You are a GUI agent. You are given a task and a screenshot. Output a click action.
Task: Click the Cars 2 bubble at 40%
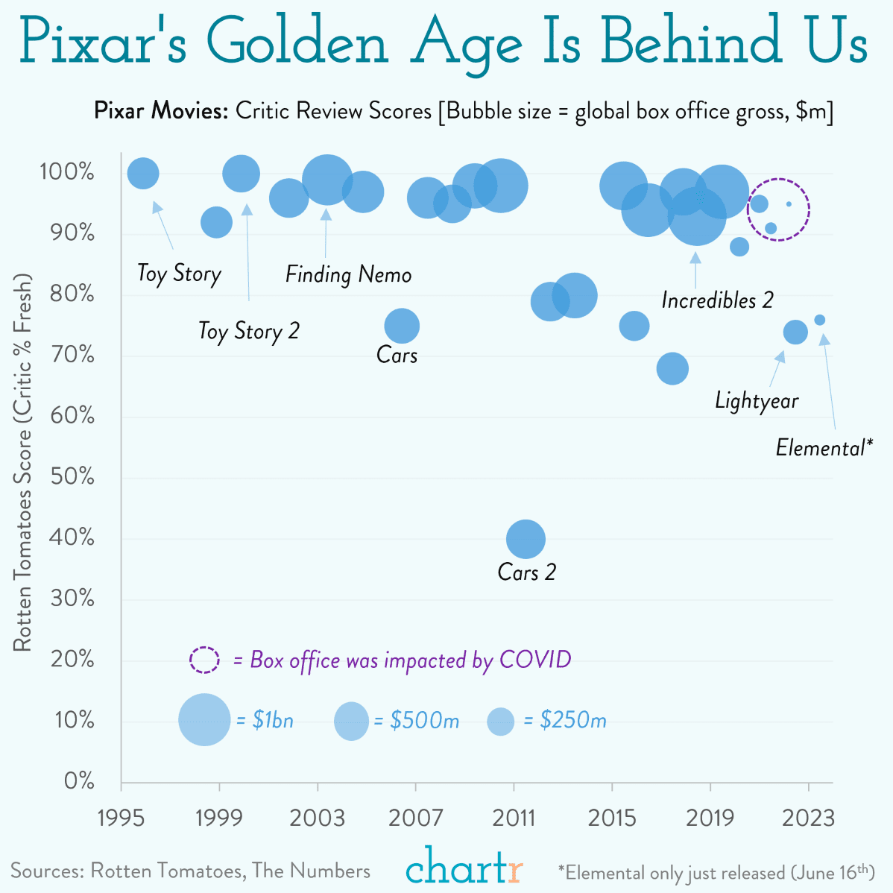(526, 539)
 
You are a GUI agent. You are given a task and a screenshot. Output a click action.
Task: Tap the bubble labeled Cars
(402, 326)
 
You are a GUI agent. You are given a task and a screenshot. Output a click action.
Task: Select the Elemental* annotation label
(823, 447)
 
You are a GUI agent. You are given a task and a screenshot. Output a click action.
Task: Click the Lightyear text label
(756, 401)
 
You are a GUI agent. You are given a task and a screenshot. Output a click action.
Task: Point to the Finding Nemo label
(348, 274)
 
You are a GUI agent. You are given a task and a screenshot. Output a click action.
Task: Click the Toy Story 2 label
(248, 330)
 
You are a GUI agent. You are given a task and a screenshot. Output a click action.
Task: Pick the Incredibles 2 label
(717, 300)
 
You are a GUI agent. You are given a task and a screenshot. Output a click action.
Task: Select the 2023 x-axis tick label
(808, 818)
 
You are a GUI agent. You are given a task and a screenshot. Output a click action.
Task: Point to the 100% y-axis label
(67, 172)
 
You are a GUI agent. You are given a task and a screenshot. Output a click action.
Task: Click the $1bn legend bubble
(204, 720)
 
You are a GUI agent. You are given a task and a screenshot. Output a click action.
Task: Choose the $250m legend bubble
(500, 721)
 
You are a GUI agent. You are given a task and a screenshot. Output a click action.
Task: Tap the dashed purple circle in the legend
(204, 660)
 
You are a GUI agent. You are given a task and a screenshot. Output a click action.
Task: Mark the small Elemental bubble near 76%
(819, 320)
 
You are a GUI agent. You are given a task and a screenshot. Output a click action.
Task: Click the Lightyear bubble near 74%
(795, 332)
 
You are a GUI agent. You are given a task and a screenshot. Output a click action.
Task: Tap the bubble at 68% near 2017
(672, 369)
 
